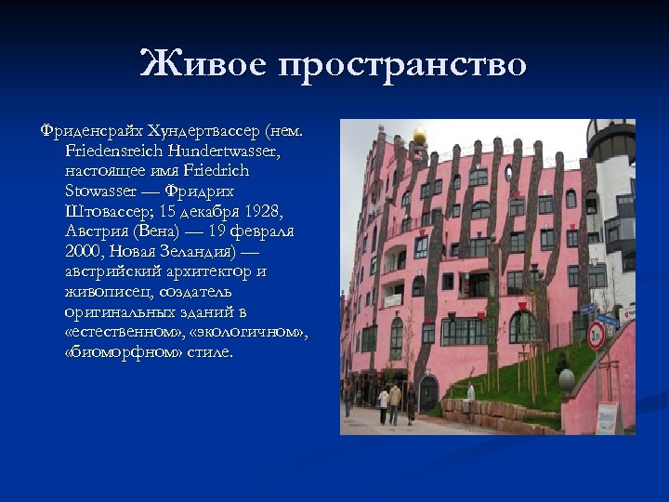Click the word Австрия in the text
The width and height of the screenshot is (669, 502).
tap(97, 231)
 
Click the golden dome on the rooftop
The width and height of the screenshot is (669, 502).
tap(420, 138)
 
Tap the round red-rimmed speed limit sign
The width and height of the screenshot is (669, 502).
tap(597, 336)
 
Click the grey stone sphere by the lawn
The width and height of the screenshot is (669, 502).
tap(566, 378)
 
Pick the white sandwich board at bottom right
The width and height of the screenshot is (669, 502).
tap(607, 417)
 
